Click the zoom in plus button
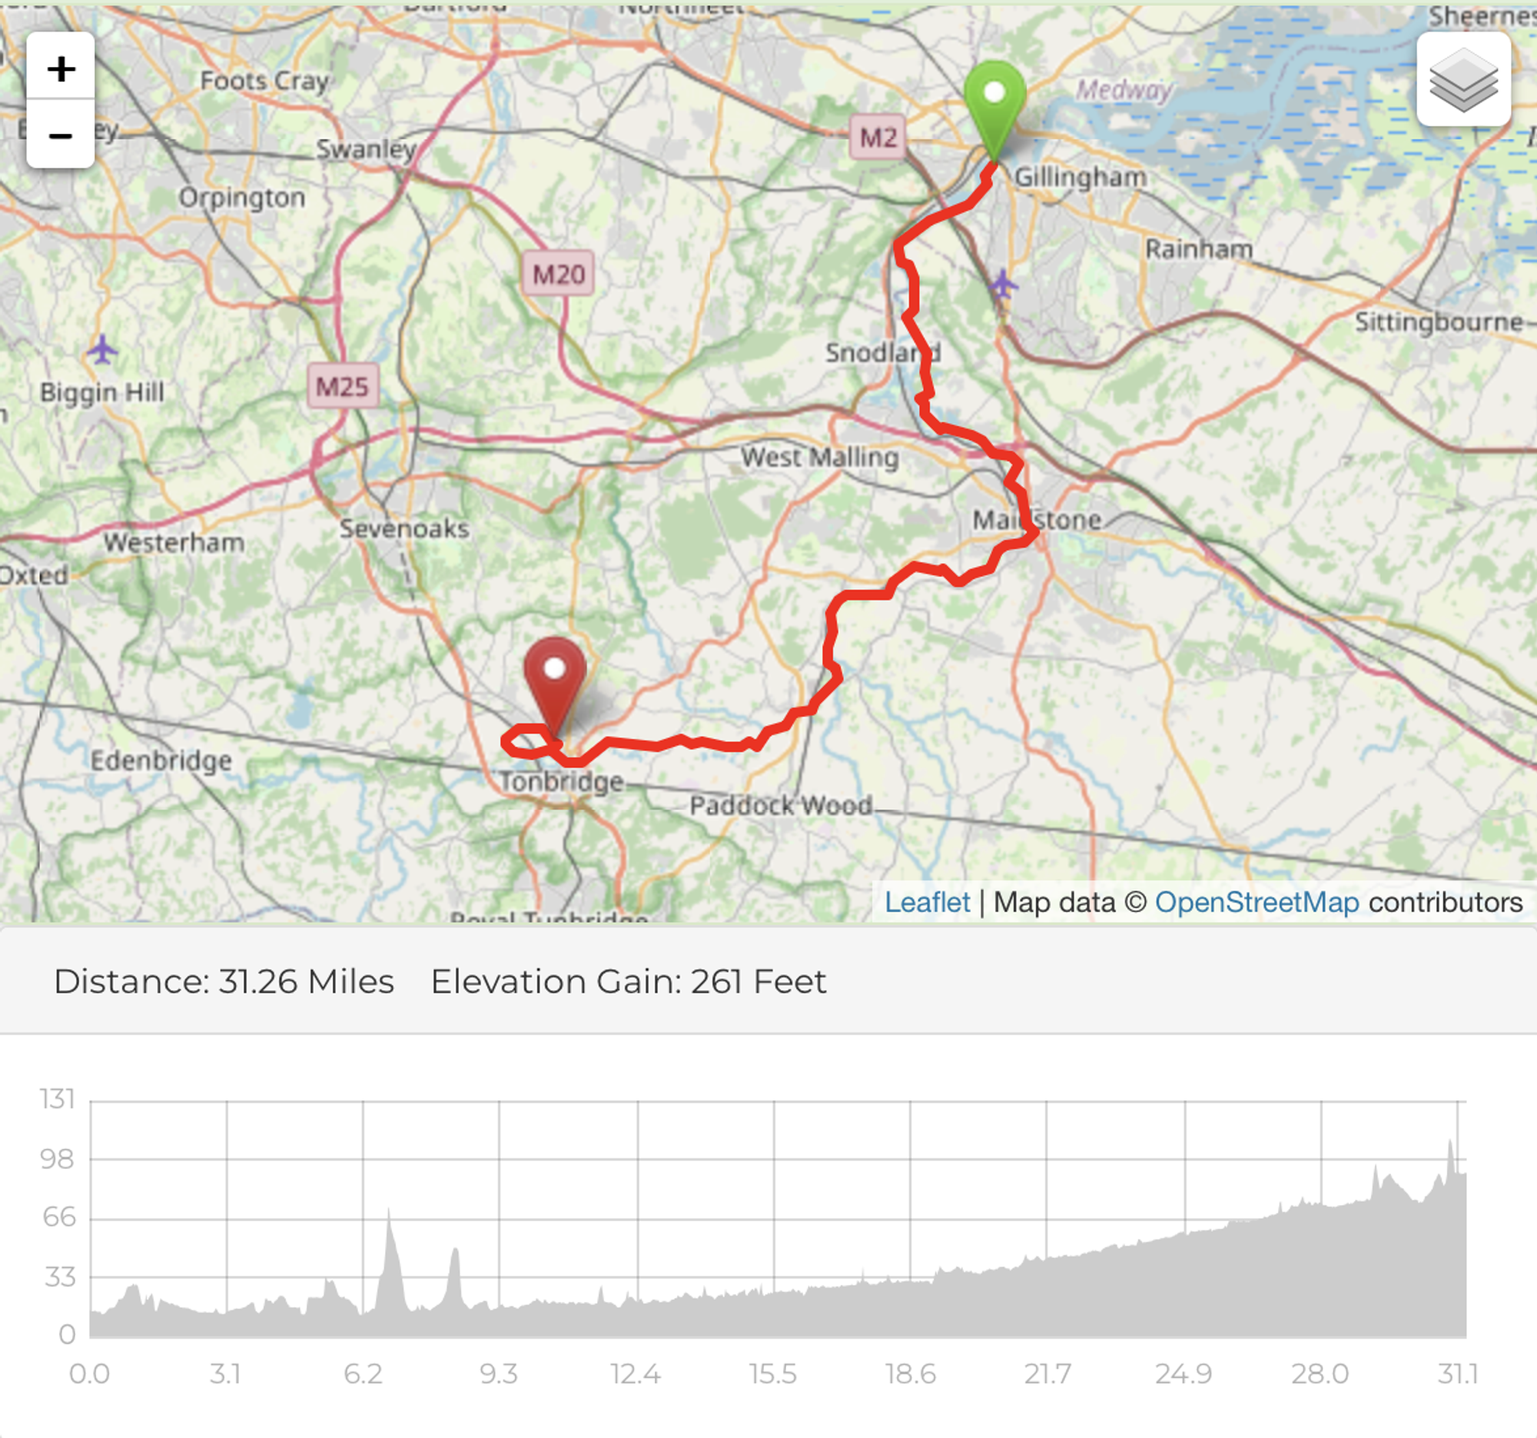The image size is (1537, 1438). point(60,68)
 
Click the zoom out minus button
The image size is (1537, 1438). point(60,135)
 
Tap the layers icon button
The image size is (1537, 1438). point(1462,79)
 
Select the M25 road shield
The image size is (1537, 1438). point(343,386)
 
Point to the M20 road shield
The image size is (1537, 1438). point(558,274)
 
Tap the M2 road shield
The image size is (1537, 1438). point(878,138)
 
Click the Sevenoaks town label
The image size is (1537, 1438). point(404,528)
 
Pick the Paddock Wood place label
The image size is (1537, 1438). point(781,805)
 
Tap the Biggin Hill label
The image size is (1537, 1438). point(102,392)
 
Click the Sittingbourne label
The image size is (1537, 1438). point(1437,321)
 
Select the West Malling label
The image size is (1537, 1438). point(819,457)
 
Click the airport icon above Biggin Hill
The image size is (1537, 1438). point(102,350)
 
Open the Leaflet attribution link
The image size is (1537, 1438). point(926,902)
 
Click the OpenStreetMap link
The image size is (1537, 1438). point(1256,902)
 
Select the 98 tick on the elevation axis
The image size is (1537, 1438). point(57,1159)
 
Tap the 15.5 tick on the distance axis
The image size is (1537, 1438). point(772,1374)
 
